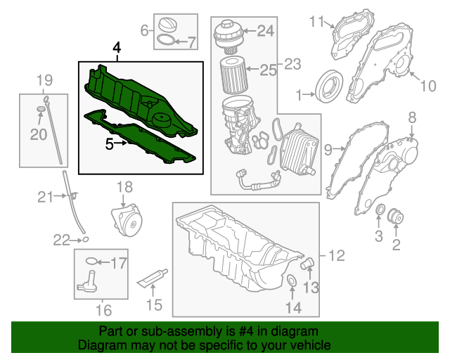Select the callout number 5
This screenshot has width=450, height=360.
tap(109, 145)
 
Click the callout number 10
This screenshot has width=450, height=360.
tap(428, 86)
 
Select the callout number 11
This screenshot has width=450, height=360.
tap(316, 21)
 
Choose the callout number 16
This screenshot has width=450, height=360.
tap(103, 309)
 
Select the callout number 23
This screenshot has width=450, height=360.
tap(292, 65)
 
